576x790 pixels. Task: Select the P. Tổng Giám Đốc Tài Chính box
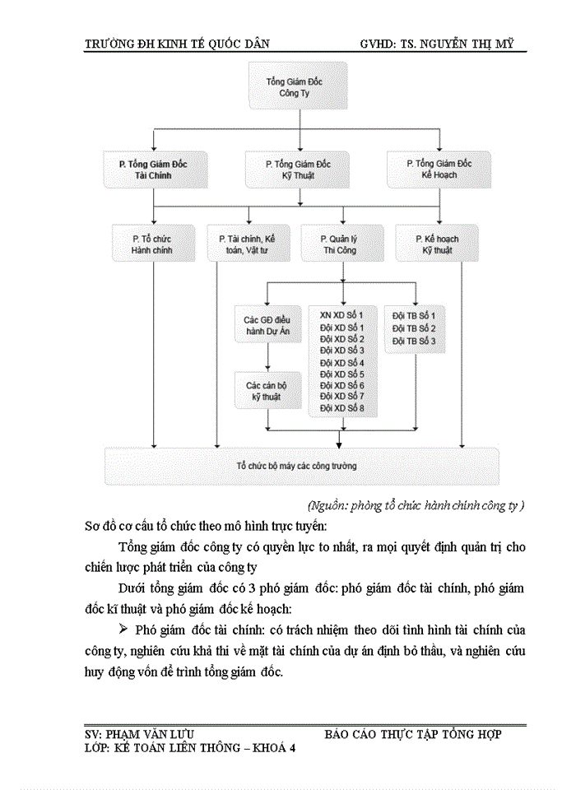click(156, 170)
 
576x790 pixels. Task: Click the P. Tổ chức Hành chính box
click(152, 244)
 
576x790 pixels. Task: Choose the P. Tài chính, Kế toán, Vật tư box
click(246, 244)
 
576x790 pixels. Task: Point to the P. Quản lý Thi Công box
click(339, 244)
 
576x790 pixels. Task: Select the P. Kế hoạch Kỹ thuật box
click(437, 244)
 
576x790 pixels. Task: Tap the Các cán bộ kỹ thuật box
click(267, 391)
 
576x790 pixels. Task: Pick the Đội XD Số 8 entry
click(341, 408)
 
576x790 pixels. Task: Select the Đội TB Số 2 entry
click(413, 328)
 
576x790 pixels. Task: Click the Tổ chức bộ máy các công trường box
click(302, 466)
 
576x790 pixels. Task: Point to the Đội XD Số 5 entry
click(341, 374)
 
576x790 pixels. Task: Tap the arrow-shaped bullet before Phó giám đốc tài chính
click(124, 630)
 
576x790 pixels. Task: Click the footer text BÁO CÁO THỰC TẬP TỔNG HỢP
click(412, 734)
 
